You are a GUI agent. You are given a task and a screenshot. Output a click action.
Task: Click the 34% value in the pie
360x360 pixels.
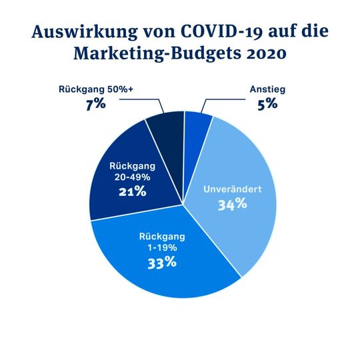tap(232, 204)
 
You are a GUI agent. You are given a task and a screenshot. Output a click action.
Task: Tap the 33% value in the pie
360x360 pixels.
tap(162, 262)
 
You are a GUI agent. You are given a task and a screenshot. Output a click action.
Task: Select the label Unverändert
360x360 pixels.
tap(232, 189)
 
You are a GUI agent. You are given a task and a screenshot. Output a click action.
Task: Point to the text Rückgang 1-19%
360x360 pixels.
tap(162, 242)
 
